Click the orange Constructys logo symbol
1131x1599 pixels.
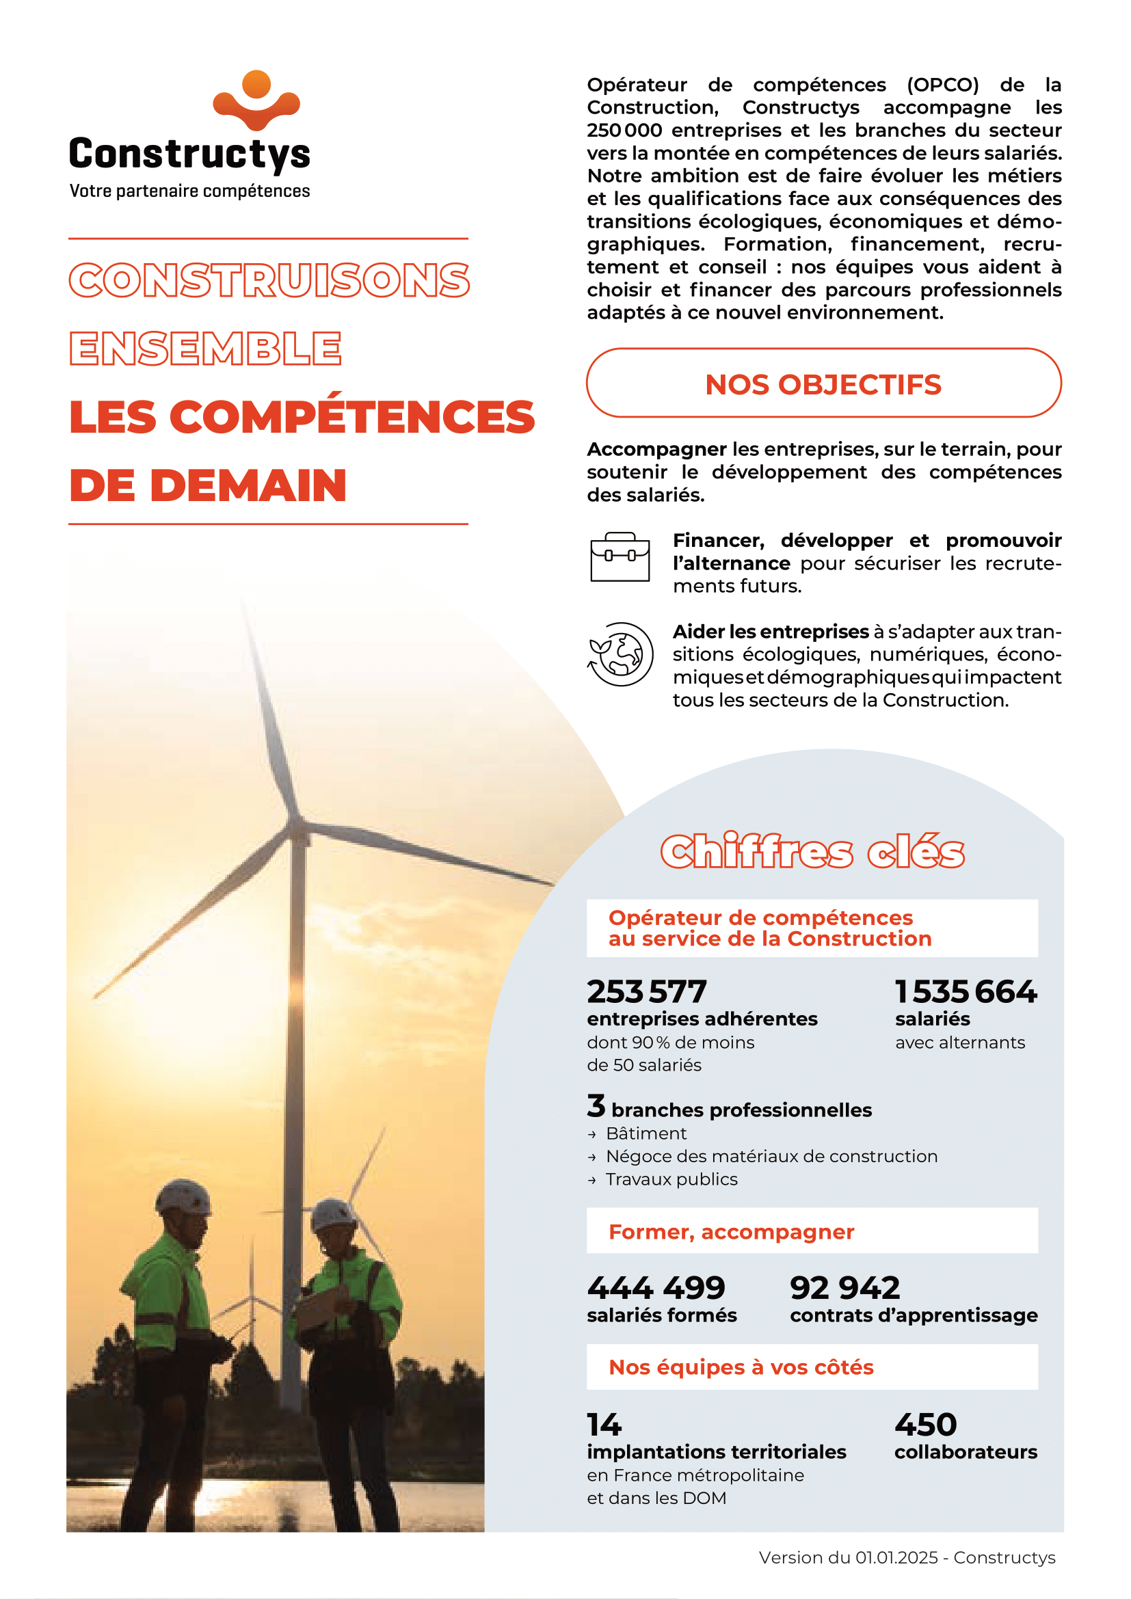(256, 101)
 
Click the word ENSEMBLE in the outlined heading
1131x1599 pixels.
(205, 348)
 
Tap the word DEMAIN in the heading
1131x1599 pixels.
(248, 485)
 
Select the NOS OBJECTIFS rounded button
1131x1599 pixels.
(823, 384)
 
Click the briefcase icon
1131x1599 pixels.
(619, 557)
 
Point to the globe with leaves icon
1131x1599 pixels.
(620, 654)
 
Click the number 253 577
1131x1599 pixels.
(646, 992)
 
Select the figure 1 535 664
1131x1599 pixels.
(966, 992)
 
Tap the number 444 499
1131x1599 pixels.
(656, 1288)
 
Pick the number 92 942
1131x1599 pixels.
(844, 1288)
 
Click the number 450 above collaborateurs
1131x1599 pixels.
(926, 1424)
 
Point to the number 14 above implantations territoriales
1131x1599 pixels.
(604, 1424)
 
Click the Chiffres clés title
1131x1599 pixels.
(812, 851)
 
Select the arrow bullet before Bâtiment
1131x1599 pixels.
(592, 1135)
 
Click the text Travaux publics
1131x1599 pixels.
(671, 1179)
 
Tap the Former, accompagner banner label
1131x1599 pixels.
(731, 1232)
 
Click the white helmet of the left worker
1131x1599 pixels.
(183, 1196)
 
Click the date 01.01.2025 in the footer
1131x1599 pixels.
(897, 1557)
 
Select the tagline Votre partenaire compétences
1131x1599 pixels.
(189, 191)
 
